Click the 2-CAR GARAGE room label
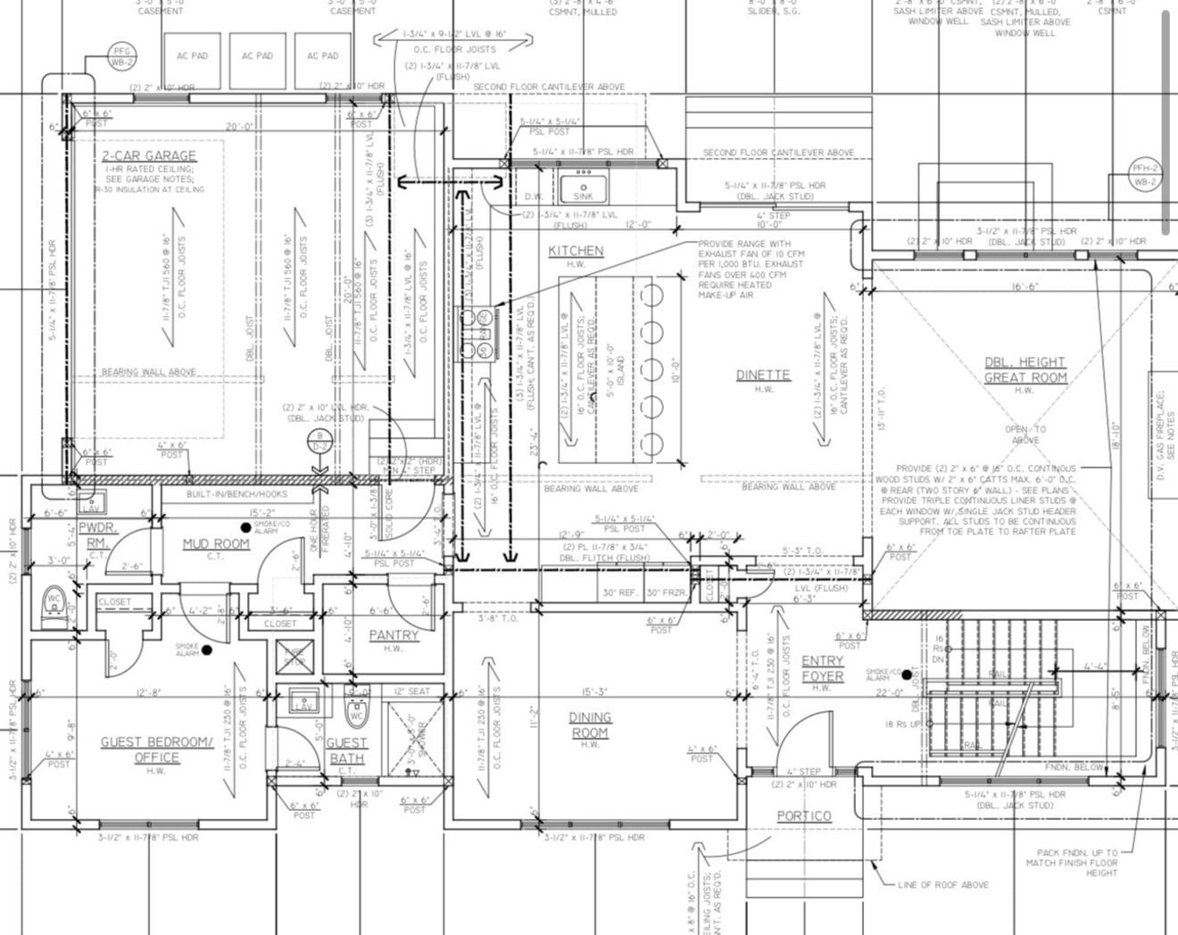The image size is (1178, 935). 148,156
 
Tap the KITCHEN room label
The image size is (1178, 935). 576,252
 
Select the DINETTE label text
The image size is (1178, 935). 763,375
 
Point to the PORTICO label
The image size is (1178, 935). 804,815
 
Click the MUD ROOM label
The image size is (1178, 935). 216,543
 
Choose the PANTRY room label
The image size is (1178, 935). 394,635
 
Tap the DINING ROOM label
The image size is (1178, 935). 590,724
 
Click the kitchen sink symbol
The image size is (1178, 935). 583,188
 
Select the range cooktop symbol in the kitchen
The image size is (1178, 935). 474,332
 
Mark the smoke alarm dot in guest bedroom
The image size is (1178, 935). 207,650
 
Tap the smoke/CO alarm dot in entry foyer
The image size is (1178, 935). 907,674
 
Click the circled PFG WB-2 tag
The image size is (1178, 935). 120,56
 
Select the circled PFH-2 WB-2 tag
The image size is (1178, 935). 1145,175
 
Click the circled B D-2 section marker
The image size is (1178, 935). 318,441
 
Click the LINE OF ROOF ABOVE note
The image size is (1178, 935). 943,884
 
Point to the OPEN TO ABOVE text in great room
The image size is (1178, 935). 1026,434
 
